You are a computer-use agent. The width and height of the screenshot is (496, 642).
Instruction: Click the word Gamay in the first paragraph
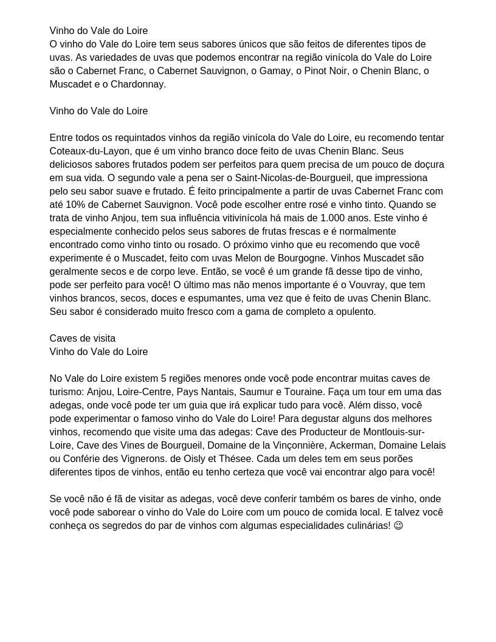274,71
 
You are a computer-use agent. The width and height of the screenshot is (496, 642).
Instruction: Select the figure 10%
77,204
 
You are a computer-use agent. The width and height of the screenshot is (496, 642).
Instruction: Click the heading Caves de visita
82,338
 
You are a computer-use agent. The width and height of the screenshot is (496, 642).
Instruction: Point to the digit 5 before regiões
164,378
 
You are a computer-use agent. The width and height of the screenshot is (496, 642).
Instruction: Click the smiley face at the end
398,525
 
